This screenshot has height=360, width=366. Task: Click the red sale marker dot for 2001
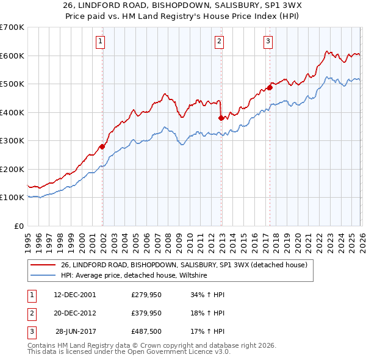[102, 146]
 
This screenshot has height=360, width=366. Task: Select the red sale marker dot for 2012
[221, 118]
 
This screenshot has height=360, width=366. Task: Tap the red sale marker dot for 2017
[270, 87]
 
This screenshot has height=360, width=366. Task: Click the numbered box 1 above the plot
[100, 41]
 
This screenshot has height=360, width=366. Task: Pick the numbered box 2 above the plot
[219, 41]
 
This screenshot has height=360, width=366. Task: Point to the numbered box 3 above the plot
[268, 41]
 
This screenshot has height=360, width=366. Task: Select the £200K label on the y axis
[12, 169]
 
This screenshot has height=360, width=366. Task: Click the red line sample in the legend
[43, 264]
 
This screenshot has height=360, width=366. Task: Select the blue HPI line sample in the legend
[43, 275]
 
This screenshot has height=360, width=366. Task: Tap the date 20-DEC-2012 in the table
[75, 314]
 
